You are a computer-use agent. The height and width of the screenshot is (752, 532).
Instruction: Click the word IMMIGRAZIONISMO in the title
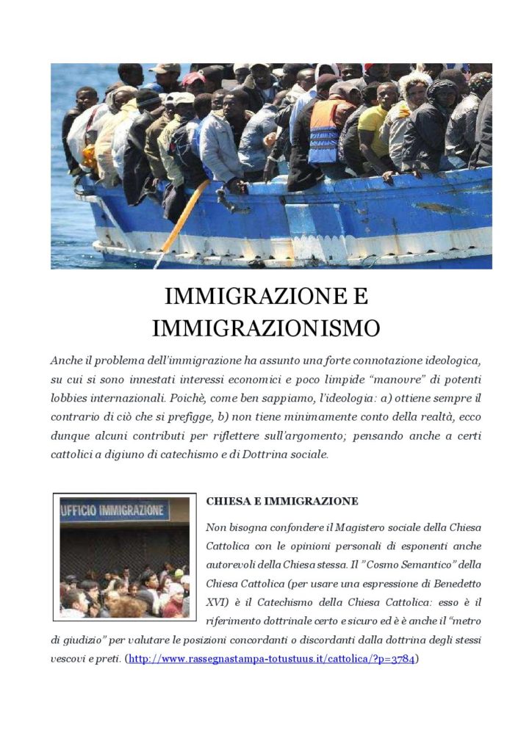point(265,328)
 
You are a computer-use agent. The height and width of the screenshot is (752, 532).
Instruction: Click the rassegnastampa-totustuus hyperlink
point(271,658)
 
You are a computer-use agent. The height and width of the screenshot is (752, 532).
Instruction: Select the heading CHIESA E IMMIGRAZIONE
point(282,501)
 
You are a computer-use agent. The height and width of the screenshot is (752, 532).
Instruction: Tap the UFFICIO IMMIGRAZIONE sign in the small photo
point(115,510)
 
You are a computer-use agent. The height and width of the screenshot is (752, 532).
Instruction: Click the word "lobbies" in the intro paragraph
point(73,397)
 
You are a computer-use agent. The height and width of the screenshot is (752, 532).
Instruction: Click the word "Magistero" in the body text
point(342,528)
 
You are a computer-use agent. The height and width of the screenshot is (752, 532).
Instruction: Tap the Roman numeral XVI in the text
point(219,604)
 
